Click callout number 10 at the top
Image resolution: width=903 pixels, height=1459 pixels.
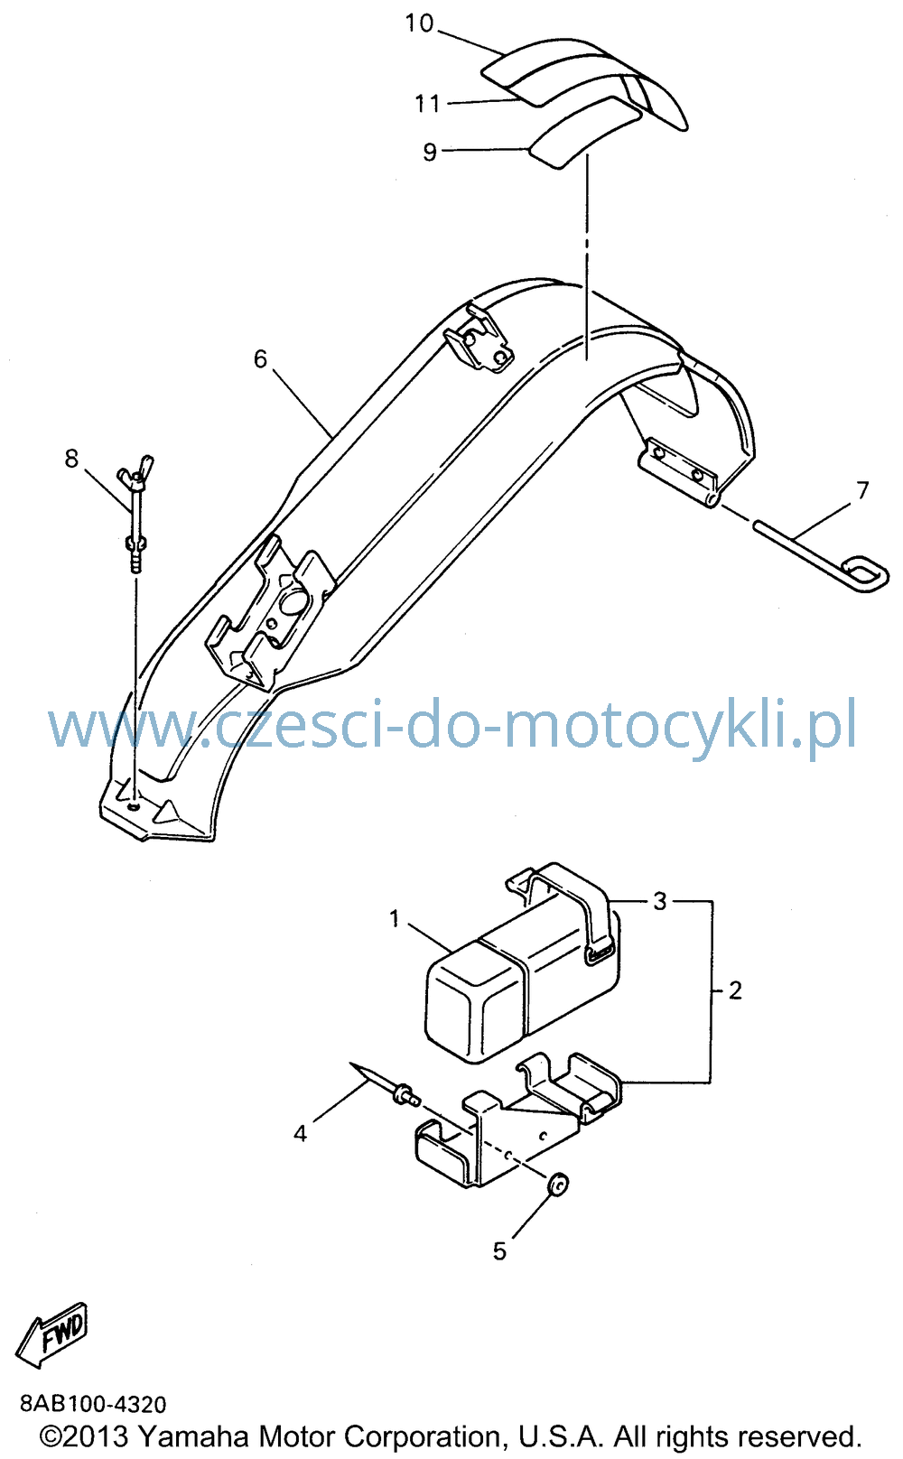419,23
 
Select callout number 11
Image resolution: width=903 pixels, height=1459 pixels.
427,104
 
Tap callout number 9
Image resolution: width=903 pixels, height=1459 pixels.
430,152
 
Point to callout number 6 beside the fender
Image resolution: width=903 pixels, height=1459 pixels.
261,359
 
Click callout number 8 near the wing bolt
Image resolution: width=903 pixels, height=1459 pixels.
71,459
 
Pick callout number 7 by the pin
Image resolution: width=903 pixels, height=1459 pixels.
862,490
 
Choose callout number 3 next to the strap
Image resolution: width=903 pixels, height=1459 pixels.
660,901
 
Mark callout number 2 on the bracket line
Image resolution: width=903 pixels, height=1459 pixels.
735,991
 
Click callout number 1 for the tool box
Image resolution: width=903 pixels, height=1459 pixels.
395,919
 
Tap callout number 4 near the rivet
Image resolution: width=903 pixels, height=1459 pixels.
300,1134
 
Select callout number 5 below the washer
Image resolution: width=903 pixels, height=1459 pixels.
499,1251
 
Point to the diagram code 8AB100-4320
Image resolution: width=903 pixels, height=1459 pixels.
93,1404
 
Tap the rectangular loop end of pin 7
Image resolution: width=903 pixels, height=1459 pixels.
864,573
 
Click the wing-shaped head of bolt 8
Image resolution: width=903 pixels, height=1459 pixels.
135,470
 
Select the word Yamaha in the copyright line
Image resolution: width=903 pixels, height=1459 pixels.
193,1436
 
